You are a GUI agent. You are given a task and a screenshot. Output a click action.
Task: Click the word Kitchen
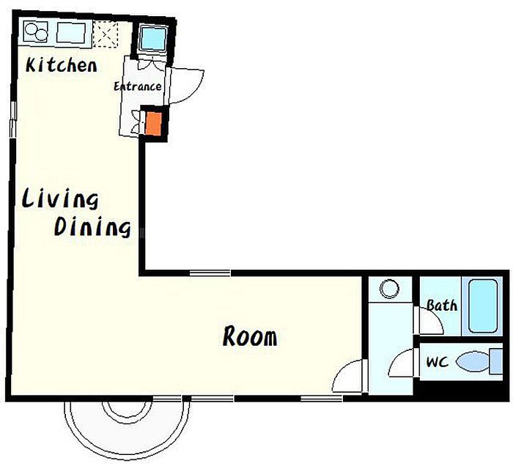tap(61, 65)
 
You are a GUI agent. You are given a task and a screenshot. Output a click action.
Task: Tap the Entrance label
tap(138, 86)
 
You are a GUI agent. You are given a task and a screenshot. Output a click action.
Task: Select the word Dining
tap(92, 226)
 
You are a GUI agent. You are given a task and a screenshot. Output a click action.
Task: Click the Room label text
tap(250, 336)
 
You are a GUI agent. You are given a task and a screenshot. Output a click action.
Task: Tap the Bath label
tap(442, 305)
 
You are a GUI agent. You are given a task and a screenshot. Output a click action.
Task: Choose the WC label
tap(438, 362)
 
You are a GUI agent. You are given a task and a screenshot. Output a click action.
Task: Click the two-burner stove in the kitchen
tap(36, 32)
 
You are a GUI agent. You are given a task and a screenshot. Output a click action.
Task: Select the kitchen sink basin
tap(71, 32)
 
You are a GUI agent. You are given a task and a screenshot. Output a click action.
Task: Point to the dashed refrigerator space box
tap(106, 34)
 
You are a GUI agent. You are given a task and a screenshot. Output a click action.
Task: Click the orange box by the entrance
tap(153, 124)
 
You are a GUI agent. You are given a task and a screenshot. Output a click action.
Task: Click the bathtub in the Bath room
tap(483, 306)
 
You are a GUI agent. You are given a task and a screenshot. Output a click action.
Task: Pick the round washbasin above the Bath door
tap(389, 289)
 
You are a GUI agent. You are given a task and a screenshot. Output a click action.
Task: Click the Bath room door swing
tap(429, 321)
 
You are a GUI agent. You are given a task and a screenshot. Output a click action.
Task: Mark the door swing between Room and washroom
tap(348, 375)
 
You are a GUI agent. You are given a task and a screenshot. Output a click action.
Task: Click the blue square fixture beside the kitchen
tap(152, 38)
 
